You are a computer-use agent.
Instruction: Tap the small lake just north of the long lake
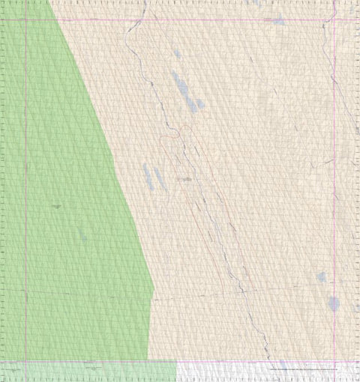tap(177, 55)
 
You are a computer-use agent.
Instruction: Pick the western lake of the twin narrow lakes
tap(148, 175)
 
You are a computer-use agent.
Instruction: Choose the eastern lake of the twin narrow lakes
tap(158, 179)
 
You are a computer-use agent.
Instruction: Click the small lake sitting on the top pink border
tap(278, 21)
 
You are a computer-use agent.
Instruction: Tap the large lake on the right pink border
tap(333, 303)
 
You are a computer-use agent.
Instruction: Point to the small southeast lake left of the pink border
tap(321, 277)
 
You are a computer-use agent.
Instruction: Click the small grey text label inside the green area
tap(56, 205)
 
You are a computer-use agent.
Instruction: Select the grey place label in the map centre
tap(184, 180)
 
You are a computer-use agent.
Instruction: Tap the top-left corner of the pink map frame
tap(26, 19)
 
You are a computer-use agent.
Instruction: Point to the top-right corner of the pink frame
tap(334, 19)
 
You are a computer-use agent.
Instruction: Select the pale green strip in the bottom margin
tap(90, 370)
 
